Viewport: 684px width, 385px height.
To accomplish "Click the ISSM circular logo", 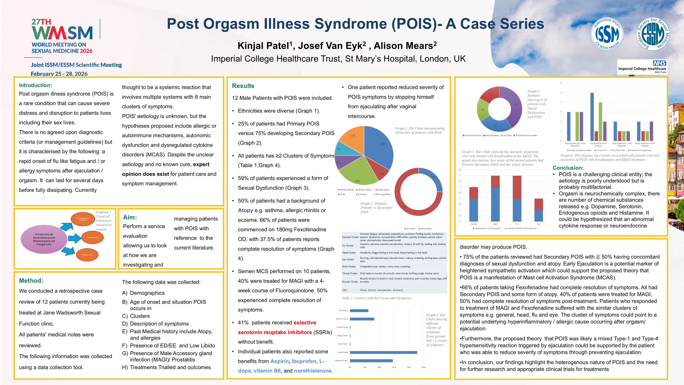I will point(607,34).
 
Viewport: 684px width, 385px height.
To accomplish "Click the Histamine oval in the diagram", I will point(87,255).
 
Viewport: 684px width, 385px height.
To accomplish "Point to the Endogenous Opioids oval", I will point(83,219).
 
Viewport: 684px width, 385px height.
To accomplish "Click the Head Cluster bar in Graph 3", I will point(383,352).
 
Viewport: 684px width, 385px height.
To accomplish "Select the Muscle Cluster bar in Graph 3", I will point(362,319).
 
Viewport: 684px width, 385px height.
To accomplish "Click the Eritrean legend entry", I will point(362,194).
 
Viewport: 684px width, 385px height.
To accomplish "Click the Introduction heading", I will point(35,85).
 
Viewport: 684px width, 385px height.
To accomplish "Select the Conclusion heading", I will point(568,168).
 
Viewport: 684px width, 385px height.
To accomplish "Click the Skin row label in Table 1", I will point(345,290).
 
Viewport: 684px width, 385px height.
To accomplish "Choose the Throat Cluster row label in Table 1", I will point(350,273).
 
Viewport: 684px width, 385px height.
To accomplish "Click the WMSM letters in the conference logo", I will point(62,33).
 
